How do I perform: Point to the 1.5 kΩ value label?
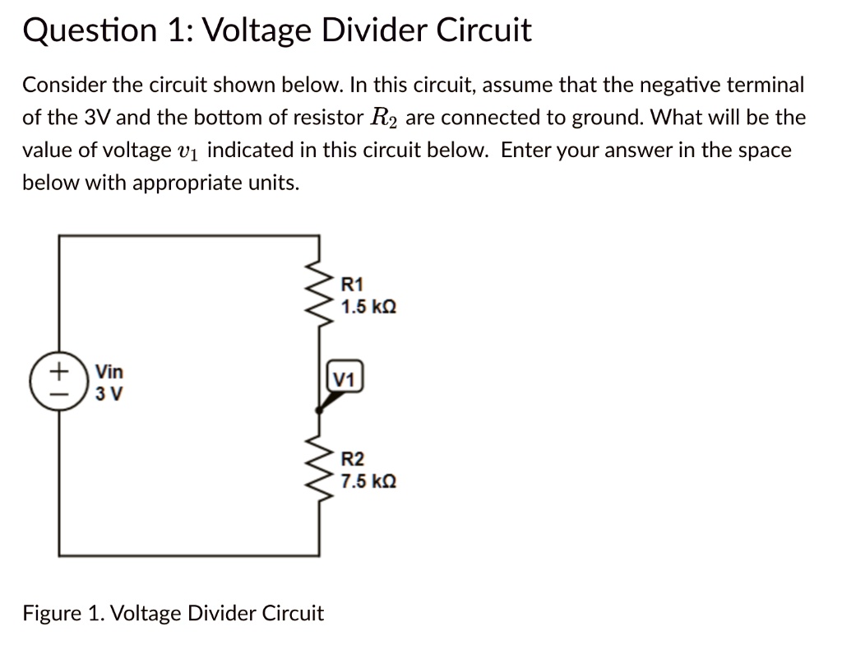[x=369, y=307]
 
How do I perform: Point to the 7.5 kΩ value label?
[x=369, y=481]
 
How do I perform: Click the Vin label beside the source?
[x=109, y=372]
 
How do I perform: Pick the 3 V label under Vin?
[x=109, y=393]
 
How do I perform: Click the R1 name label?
[x=351, y=285]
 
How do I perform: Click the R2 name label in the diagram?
[x=352, y=460]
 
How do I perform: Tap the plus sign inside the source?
[x=57, y=372]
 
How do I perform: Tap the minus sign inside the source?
[x=57, y=393]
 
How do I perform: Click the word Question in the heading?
[x=79, y=31]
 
